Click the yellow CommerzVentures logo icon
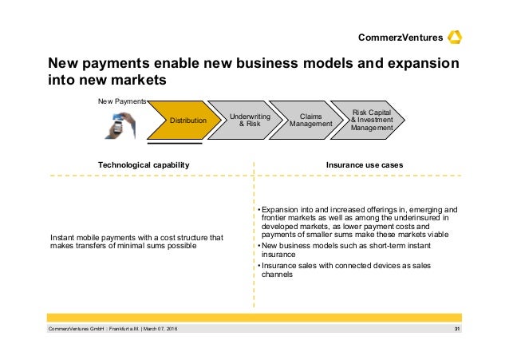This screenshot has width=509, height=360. (456, 37)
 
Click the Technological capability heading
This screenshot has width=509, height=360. (144, 164)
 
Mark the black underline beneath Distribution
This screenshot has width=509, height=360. (174, 144)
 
